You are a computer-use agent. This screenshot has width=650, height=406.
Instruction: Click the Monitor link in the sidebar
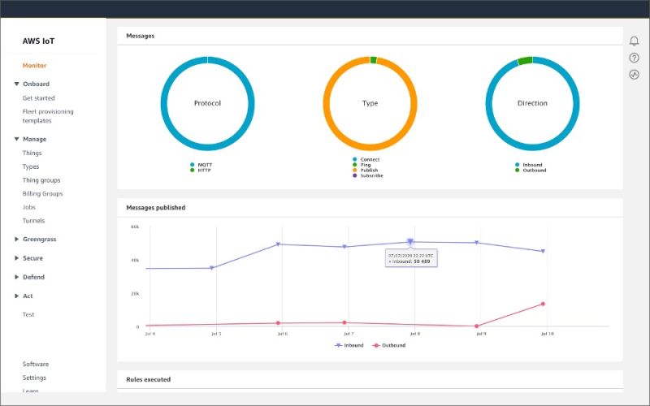tap(34, 66)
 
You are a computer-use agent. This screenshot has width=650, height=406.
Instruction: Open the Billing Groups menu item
tap(42, 194)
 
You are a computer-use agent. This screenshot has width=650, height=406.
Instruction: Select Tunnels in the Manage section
tap(33, 221)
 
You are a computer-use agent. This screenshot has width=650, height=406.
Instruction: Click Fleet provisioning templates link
tap(48, 116)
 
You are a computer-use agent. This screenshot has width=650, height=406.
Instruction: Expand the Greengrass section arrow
tap(16, 240)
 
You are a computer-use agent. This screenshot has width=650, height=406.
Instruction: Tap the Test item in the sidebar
tap(28, 315)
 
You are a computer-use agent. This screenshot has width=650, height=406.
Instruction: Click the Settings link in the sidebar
tap(34, 378)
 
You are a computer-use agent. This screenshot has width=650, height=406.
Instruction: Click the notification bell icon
tap(635, 41)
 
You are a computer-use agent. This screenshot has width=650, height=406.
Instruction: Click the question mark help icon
tap(635, 58)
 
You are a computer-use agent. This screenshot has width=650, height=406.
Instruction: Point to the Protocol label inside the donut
tap(207, 103)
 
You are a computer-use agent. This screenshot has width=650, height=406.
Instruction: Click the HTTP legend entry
tap(204, 171)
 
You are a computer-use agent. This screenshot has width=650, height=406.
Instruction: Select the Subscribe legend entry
tap(371, 176)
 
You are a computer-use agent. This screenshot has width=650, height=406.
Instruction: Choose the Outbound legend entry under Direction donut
tap(534, 171)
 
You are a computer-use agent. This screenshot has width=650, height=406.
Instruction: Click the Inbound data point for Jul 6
tap(279, 244)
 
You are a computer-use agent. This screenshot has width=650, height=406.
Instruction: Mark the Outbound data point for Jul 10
tap(543, 304)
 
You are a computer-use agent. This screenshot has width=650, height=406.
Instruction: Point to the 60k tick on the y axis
tap(135, 227)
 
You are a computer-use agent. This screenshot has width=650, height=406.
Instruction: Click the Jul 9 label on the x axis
tap(480, 334)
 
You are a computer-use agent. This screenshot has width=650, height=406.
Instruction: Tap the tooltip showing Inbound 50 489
tap(410, 258)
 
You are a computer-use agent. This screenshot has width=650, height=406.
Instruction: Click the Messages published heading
tap(156, 208)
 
